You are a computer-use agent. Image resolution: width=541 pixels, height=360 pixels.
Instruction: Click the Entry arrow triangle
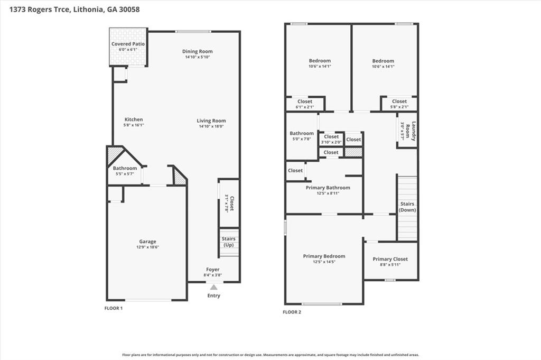point(213,288)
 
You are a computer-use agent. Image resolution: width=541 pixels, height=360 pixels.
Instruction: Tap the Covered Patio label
point(128,44)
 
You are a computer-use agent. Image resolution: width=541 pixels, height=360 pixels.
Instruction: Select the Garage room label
point(147,242)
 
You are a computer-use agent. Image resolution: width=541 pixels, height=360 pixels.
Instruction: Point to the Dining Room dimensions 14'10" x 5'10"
point(198,57)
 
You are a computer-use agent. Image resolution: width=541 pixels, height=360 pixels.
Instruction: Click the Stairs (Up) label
point(228,242)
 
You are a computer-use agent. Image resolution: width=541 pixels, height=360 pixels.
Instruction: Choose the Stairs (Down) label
point(407,207)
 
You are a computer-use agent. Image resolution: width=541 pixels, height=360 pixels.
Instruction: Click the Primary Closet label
point(390,259)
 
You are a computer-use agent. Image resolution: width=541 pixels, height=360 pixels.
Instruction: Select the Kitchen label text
point(134,119)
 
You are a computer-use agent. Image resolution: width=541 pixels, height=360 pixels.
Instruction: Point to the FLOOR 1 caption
point(114,308)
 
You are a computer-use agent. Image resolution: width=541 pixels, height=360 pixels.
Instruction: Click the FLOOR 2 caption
point(292,312)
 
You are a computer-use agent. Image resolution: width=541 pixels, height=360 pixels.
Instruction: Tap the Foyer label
point(212,270)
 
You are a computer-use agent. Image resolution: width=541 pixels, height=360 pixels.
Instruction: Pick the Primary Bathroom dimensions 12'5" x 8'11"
point(328,193)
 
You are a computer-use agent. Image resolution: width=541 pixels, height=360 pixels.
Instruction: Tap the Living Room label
point(211,121)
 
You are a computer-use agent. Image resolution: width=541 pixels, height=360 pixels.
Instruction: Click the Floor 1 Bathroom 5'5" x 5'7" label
point(125,169)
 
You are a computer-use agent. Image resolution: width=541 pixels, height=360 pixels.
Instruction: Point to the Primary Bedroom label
point(324,256)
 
